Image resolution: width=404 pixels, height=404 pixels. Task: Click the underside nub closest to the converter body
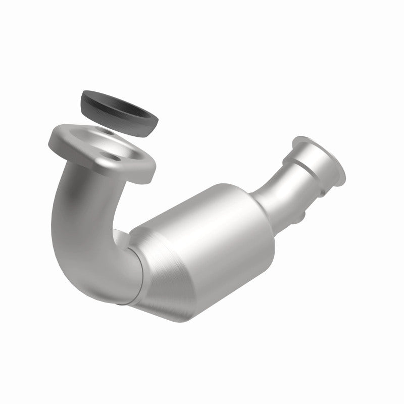pos(301,217)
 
